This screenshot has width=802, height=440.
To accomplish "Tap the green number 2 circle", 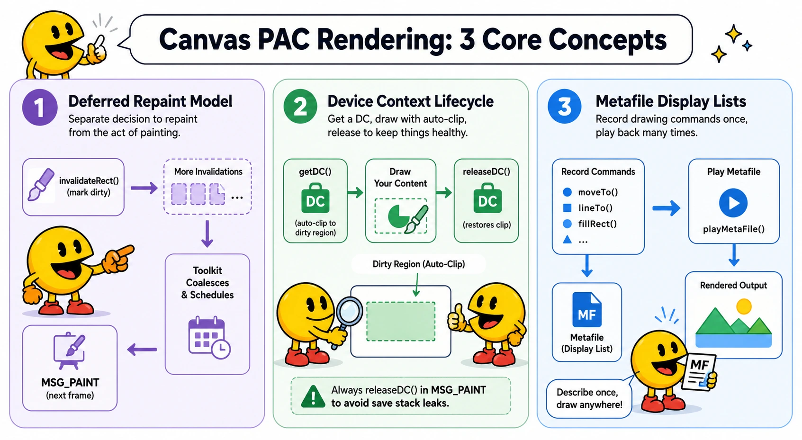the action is point(300,107).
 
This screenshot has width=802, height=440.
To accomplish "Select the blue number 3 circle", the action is point(565,107).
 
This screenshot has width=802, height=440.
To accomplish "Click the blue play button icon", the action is point(733,203).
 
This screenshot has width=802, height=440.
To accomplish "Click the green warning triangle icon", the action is point(313,397).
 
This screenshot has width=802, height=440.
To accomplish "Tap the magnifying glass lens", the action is point(349,311).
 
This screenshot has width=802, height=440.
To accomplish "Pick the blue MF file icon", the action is point(587,310).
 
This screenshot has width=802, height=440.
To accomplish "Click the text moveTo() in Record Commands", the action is point(598,192).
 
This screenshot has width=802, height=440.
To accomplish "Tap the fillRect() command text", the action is point(597,224).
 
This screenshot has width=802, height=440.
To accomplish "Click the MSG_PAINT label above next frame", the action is point(70,383).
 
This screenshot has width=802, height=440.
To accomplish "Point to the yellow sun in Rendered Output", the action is point(744,306).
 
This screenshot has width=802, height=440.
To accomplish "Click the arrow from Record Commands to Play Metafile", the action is point(667,208).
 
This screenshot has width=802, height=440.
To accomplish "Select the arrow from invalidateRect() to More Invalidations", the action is point(144,188).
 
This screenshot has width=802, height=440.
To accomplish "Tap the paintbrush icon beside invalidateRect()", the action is point(41,184).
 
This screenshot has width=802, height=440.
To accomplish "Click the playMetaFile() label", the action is point(734,229).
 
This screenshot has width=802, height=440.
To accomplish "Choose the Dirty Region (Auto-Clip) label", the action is point(419,264).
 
